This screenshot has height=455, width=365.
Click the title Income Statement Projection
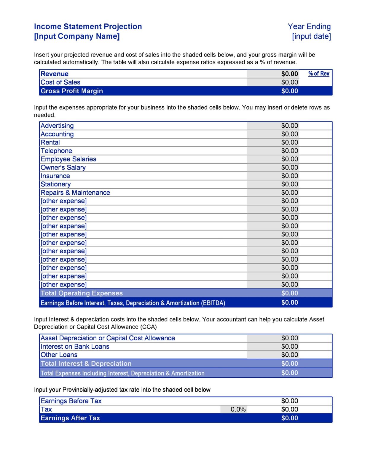pos(88,27)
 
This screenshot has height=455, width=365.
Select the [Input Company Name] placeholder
pos(77,36)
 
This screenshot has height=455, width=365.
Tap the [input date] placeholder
pos(311,36)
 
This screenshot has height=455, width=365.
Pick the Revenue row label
pos(55,74)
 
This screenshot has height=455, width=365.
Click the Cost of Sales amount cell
pos(289,82)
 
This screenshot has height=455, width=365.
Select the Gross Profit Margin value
pos(289,91)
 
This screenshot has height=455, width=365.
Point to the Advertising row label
pos(57,126)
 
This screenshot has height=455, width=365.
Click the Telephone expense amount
pos(289,151)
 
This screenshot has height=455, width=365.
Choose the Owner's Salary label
pos(63,168)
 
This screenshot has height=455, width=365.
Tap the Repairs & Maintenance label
pos(75,193)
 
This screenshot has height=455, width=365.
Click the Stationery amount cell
pos(289,184)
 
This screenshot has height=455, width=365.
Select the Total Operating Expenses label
pos(82,293)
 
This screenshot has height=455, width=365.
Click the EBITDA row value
pos(289,303)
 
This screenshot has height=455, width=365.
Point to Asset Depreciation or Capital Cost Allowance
pos(108,338)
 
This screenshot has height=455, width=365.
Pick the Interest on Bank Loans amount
pos(289,347)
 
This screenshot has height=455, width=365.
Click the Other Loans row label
pos(59,355)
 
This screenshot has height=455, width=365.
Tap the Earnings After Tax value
pos(289,418)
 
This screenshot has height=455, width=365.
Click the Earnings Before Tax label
pos(71,401)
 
